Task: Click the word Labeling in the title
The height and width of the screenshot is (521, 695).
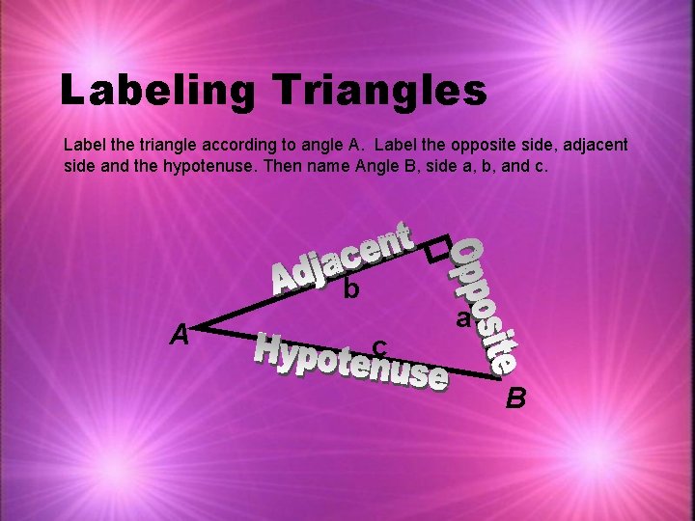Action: [x=157, y=90]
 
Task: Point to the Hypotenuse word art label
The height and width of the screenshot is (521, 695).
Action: [x=350, y=363]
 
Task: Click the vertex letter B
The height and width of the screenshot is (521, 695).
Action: [x=517, y=397]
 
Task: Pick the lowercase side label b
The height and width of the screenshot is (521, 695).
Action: [x=351, y=288]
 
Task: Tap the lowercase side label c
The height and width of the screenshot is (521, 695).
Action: [x=380, y=344]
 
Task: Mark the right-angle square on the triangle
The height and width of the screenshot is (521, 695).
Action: [x=439, y=248]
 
